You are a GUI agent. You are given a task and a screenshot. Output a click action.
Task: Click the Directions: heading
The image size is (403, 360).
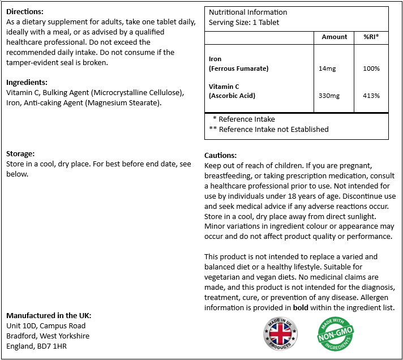tap(25, 11)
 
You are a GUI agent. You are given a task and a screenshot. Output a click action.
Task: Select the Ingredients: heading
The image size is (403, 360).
tap(27, 82)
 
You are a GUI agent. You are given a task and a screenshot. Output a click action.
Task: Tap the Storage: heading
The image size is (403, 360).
tap(20, 153)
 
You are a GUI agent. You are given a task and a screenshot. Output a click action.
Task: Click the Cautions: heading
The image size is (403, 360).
tap(220, 155)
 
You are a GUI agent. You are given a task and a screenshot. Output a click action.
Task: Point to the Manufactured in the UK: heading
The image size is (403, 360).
tap(49, 315)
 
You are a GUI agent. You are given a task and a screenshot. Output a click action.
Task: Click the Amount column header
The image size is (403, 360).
tap(335, 37)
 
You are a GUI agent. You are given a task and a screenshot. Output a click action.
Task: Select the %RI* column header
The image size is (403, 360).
tap(371, 37)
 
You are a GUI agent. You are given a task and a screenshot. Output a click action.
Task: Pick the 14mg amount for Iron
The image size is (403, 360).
tap(327, 68)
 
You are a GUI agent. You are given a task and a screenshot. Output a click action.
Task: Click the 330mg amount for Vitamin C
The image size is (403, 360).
tap(329, 96)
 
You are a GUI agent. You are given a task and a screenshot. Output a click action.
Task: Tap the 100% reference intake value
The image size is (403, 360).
tap(371, 68)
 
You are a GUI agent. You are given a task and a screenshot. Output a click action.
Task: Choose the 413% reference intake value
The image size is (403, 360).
tap(371, 96)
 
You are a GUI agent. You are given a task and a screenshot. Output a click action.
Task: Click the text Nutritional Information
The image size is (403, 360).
tap(248, 12)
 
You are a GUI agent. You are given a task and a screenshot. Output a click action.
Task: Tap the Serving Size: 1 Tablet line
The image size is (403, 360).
tap(244, 22)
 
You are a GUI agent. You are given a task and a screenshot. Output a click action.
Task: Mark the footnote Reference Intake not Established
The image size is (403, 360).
tap(268, 129)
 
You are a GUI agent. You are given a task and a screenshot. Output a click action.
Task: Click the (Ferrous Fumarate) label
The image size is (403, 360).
tap(238, 68)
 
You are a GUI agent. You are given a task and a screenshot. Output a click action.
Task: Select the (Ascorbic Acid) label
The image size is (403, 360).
tap(232, 96)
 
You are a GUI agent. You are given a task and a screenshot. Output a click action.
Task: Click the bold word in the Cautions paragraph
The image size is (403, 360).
tap(301, 307)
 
